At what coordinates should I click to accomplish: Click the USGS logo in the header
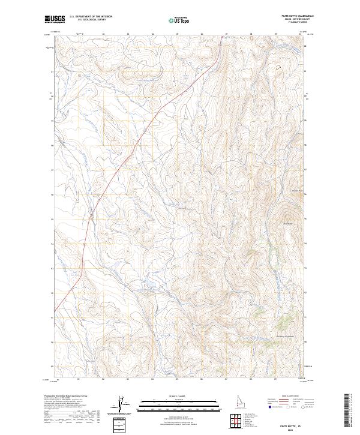coord(55,20)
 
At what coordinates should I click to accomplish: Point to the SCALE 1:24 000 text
coord(171,396)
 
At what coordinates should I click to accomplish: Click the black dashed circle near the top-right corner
coord(277,68)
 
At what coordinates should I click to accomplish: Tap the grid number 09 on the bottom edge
coord(275,379)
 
